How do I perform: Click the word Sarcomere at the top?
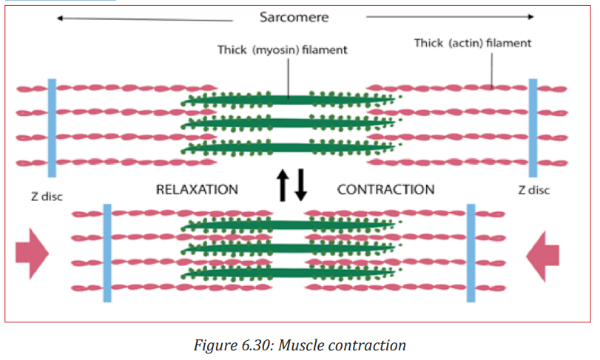tap(294, 17)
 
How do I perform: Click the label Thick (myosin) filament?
tap(283, 50)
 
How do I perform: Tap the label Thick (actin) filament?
tap(473, 43)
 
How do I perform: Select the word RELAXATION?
tap(197, 189)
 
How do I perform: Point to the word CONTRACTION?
tap(385, 189)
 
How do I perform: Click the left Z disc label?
tap(47, 197)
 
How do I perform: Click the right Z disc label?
tap(534, 190)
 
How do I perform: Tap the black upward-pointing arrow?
tap(283, 186)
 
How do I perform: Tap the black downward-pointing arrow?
tap(301, 186)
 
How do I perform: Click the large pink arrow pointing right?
tap(32, 254)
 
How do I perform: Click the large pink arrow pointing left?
tap(542, 256)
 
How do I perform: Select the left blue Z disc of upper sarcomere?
tap(52, 128)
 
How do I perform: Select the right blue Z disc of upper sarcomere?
tap(533, 128)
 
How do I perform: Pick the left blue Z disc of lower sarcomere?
tap(107, 253)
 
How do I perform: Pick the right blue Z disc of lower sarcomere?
tap(471, 253)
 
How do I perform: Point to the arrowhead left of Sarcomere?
tap(60, 18)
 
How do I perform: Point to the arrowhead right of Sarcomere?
tap(530, 16)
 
